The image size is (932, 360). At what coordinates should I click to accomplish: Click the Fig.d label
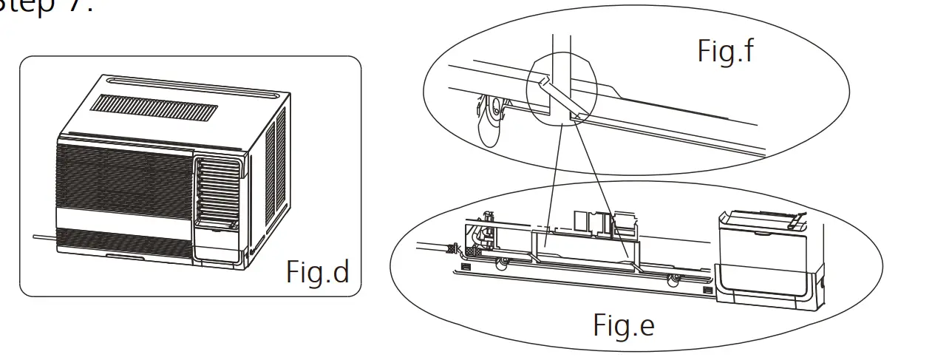317,272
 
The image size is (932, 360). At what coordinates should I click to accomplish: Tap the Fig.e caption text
623,325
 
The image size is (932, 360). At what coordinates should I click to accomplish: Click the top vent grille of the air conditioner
154,108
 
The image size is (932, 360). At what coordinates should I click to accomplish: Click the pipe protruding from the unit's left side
44,237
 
